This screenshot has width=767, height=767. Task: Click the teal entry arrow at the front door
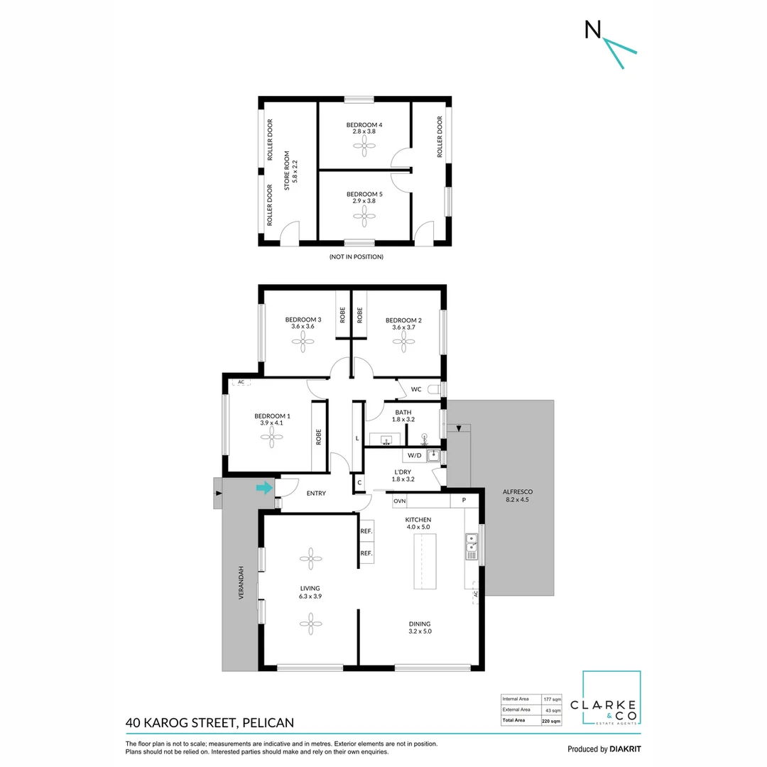pyautogui.click(x=264, y=487)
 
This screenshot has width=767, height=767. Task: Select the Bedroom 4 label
pyautogui.click(x=364, y=125)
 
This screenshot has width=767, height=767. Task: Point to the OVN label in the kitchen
pyautogui.click(x=400, y=501)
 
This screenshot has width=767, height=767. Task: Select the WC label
pyautogui.click(x=417, y=388)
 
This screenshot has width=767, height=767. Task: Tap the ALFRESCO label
pyautogui.click(x=517, y=491)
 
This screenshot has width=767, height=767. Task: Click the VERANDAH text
pyautogui.click(x=241, y=582)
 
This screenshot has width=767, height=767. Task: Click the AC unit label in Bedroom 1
pyautogui.click(x=241, y=382)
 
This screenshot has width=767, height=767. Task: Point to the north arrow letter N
pyautogui.click(x=591, y=29)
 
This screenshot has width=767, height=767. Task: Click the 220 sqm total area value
pyautogui.click(x=551, y=720)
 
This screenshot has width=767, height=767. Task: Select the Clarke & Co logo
pyautogui.click(x=611, y=699)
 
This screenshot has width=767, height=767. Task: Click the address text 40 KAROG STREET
pyautogui.click(x=180, y=723)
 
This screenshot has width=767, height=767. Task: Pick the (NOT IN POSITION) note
pyautogui.click(x=356, y=256)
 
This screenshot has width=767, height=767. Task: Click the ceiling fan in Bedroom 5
pyautogui.click(x=364, y=221)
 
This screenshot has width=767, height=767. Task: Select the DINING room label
pyautogui.click(x=420, y=624)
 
